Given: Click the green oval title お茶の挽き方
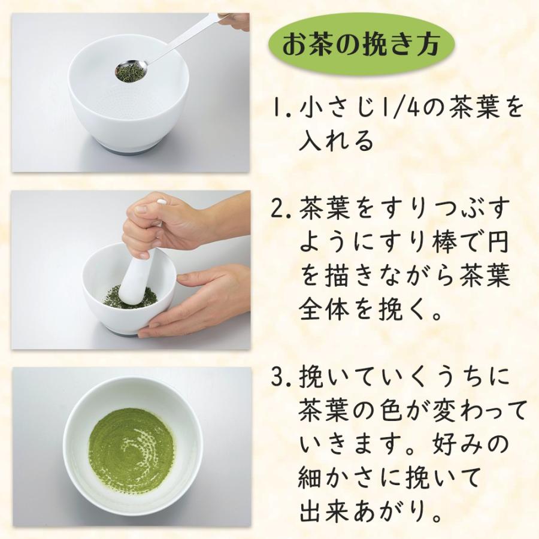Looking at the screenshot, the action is (x=362, y=45).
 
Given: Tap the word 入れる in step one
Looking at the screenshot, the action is (x=336, y=141).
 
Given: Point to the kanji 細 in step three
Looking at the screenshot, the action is (x=311, y=478).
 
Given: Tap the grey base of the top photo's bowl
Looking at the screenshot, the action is (x=129, y=147).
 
